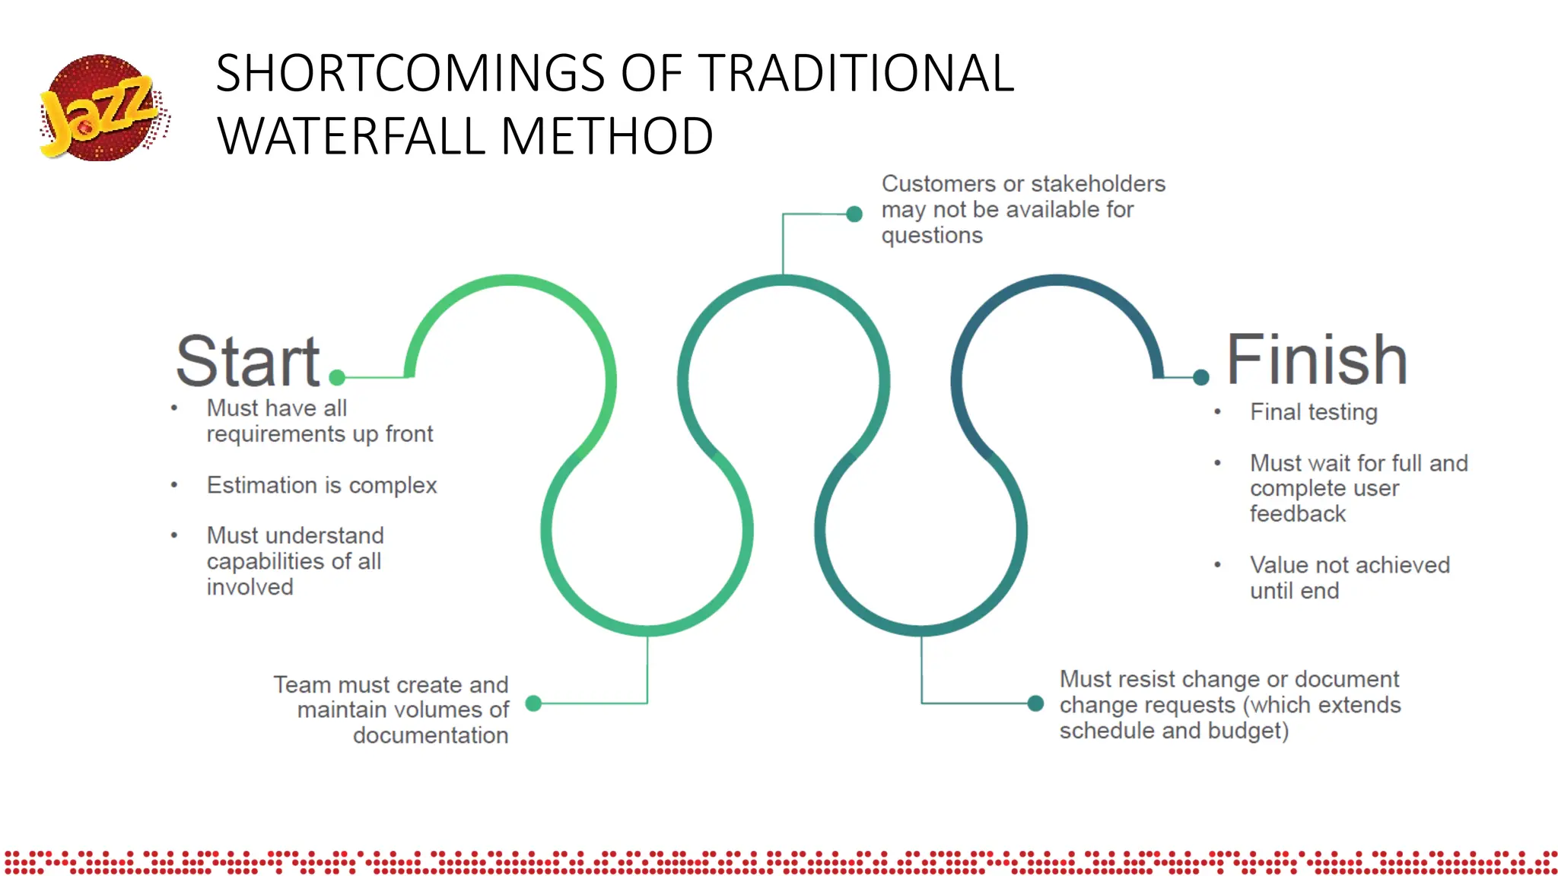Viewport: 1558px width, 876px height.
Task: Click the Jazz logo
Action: click(x=103, y=107)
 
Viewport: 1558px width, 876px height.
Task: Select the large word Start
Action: click(x=248, y=361)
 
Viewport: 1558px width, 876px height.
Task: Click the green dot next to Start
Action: click(x=338, y=377)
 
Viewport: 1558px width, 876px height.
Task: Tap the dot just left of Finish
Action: click(x=1201, y=377)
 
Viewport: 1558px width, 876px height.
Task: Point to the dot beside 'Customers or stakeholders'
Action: click(x=854, y=214)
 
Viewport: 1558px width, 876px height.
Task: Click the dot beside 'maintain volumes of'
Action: click(x=534, y=703)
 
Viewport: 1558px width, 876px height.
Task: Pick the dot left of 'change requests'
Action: click(x=1035, y=703)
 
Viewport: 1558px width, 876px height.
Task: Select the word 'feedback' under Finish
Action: click(x=1298, y=514)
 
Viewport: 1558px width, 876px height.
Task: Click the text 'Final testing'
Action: click(x=1314, y=412)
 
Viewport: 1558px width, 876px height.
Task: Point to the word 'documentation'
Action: click(x=431, y=735)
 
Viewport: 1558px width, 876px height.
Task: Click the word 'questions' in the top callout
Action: click(x=932, y=236)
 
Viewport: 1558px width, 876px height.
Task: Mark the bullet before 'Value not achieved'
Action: click(x=1218, y=565)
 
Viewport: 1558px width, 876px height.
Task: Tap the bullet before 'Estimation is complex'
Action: click(x=174, y=485)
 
